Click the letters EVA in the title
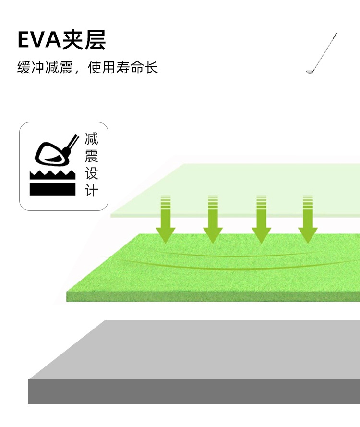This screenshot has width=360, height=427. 40,40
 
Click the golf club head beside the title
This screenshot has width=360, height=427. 310,71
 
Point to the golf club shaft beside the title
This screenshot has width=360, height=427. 324,50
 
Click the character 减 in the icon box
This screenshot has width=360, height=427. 91,140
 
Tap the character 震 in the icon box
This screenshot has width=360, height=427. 91,157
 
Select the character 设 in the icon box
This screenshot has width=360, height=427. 91,173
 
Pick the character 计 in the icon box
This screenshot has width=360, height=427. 91,190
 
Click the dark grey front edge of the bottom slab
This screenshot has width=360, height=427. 192,392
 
